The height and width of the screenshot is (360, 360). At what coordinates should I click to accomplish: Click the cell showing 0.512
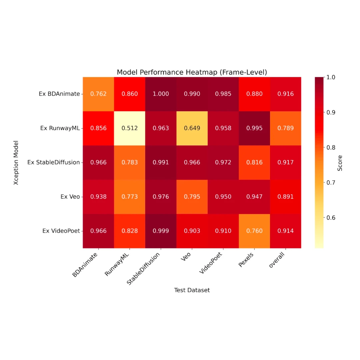130,128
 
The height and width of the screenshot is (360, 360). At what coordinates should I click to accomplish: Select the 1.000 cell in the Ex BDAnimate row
161,94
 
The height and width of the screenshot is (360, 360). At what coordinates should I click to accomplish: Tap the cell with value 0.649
192,128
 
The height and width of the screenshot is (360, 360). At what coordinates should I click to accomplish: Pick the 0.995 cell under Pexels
254,128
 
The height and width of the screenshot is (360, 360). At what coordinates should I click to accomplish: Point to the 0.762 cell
98,94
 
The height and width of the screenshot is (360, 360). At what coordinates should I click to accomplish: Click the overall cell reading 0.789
285,128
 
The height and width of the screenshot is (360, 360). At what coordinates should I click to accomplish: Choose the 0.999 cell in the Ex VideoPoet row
161,231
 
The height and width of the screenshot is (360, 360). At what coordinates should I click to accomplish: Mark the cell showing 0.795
192,197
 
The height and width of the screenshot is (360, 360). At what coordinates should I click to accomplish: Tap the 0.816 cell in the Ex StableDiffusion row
254,163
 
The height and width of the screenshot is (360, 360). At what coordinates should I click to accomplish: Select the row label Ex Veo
70,197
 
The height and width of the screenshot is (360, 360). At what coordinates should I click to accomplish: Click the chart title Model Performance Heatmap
192,72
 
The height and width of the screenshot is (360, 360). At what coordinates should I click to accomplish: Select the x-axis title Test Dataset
192,290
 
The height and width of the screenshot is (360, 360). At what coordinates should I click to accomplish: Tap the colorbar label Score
340,163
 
